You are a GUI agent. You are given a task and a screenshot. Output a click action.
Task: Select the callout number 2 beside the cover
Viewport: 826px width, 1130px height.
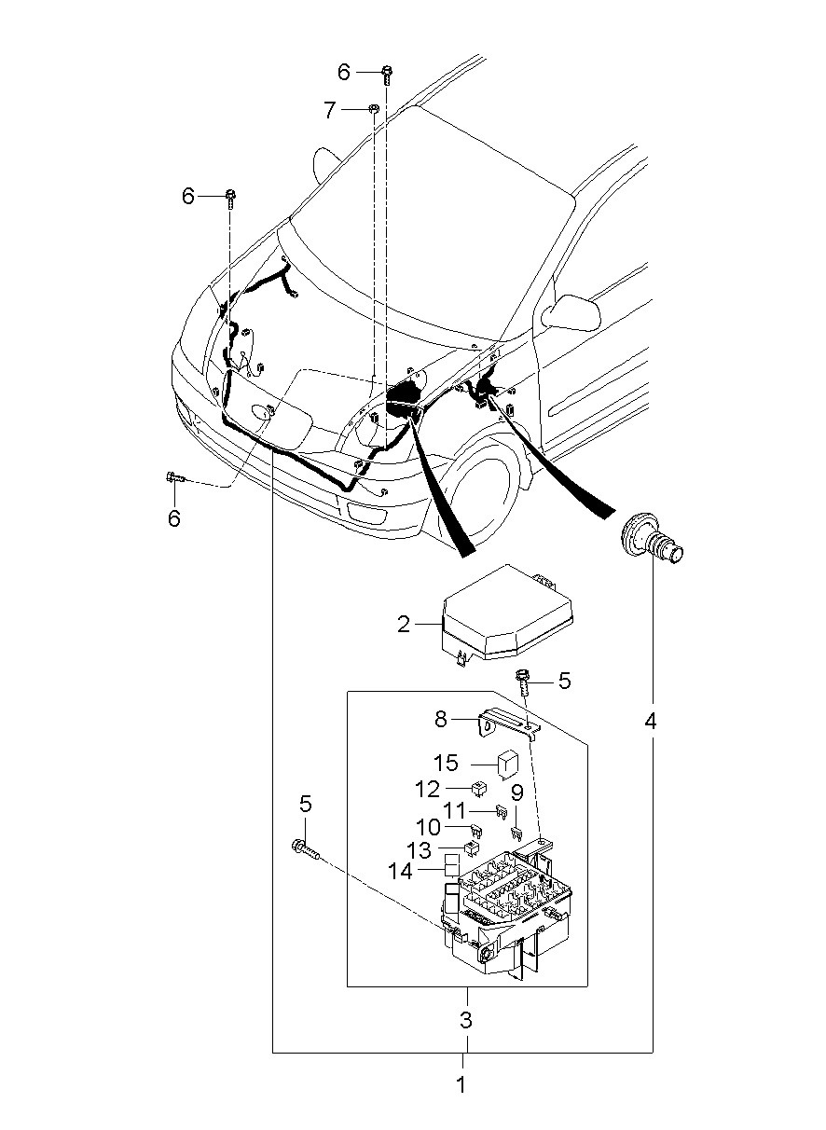(x=404, y=625)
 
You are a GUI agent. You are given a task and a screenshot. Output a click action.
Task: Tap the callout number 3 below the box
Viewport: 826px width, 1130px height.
(x=466, y=1020)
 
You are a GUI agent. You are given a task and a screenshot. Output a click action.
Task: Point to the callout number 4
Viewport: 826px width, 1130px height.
(x=651, y=722)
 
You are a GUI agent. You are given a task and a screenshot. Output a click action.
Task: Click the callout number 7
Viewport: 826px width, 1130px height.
(x=329, y=109)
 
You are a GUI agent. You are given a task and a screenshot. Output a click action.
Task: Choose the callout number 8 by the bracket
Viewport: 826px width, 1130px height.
(x=440, y=720)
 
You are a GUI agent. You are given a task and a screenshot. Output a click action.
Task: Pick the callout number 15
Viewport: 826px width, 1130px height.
(x=446, y=763)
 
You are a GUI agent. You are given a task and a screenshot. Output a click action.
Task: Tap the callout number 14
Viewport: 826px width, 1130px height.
(x=401, y=871)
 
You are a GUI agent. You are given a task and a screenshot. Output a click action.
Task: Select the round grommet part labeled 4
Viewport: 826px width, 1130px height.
(x=651, y=542)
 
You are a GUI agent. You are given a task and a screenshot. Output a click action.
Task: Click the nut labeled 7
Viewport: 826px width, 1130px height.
(x=374, y=107)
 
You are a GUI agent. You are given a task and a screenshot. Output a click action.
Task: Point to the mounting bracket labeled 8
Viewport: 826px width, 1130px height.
(x=508, y=723)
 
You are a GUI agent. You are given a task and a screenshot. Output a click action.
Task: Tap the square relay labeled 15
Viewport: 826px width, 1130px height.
(x=505, y=765)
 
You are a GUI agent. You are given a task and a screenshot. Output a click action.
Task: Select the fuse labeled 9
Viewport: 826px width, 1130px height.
(x=516, y=833)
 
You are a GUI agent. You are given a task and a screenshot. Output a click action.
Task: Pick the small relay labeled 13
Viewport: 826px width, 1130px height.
(x=472, y=849)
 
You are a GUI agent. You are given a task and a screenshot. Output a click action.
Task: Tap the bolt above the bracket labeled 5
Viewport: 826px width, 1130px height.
(x=521, y=682)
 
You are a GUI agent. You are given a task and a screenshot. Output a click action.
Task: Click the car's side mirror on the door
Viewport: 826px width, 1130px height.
(x=571, y=312)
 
